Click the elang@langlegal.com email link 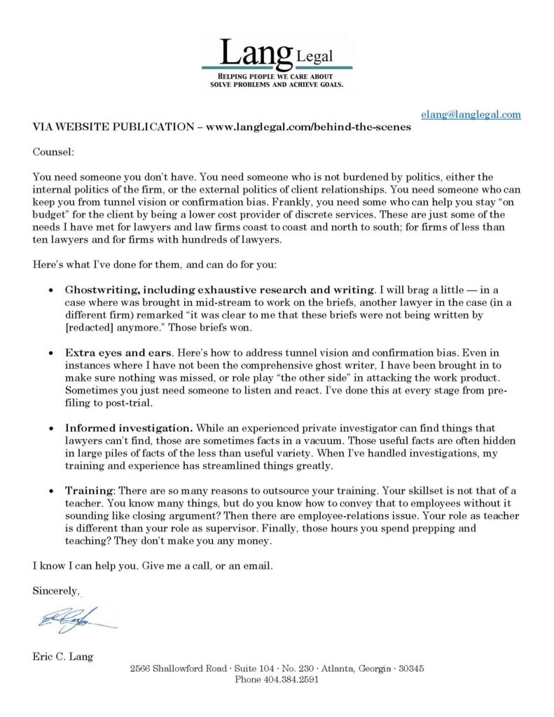point(471,114)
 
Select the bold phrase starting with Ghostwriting point(219,290)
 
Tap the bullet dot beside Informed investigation point(51,428)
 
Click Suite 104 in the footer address point(251,668)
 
